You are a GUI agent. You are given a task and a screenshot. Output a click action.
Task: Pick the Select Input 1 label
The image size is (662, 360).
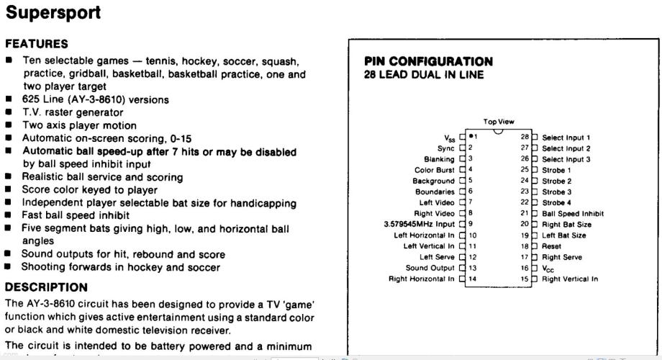[x=566, y=137]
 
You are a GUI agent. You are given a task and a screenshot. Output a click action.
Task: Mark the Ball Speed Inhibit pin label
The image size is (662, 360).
[x=573, y=213]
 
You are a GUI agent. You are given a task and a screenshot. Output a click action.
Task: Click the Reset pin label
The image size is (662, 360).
[x=551, y=246]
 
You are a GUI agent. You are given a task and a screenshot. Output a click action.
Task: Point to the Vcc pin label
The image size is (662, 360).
[x=549, y=268]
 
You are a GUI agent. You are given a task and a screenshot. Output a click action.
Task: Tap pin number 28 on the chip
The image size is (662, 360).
[x=525, y=137]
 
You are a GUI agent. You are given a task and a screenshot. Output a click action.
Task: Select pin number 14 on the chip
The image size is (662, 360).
[x=473, y=279]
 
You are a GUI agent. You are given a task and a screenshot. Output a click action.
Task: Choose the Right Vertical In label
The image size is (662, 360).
[x=570, y=279]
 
